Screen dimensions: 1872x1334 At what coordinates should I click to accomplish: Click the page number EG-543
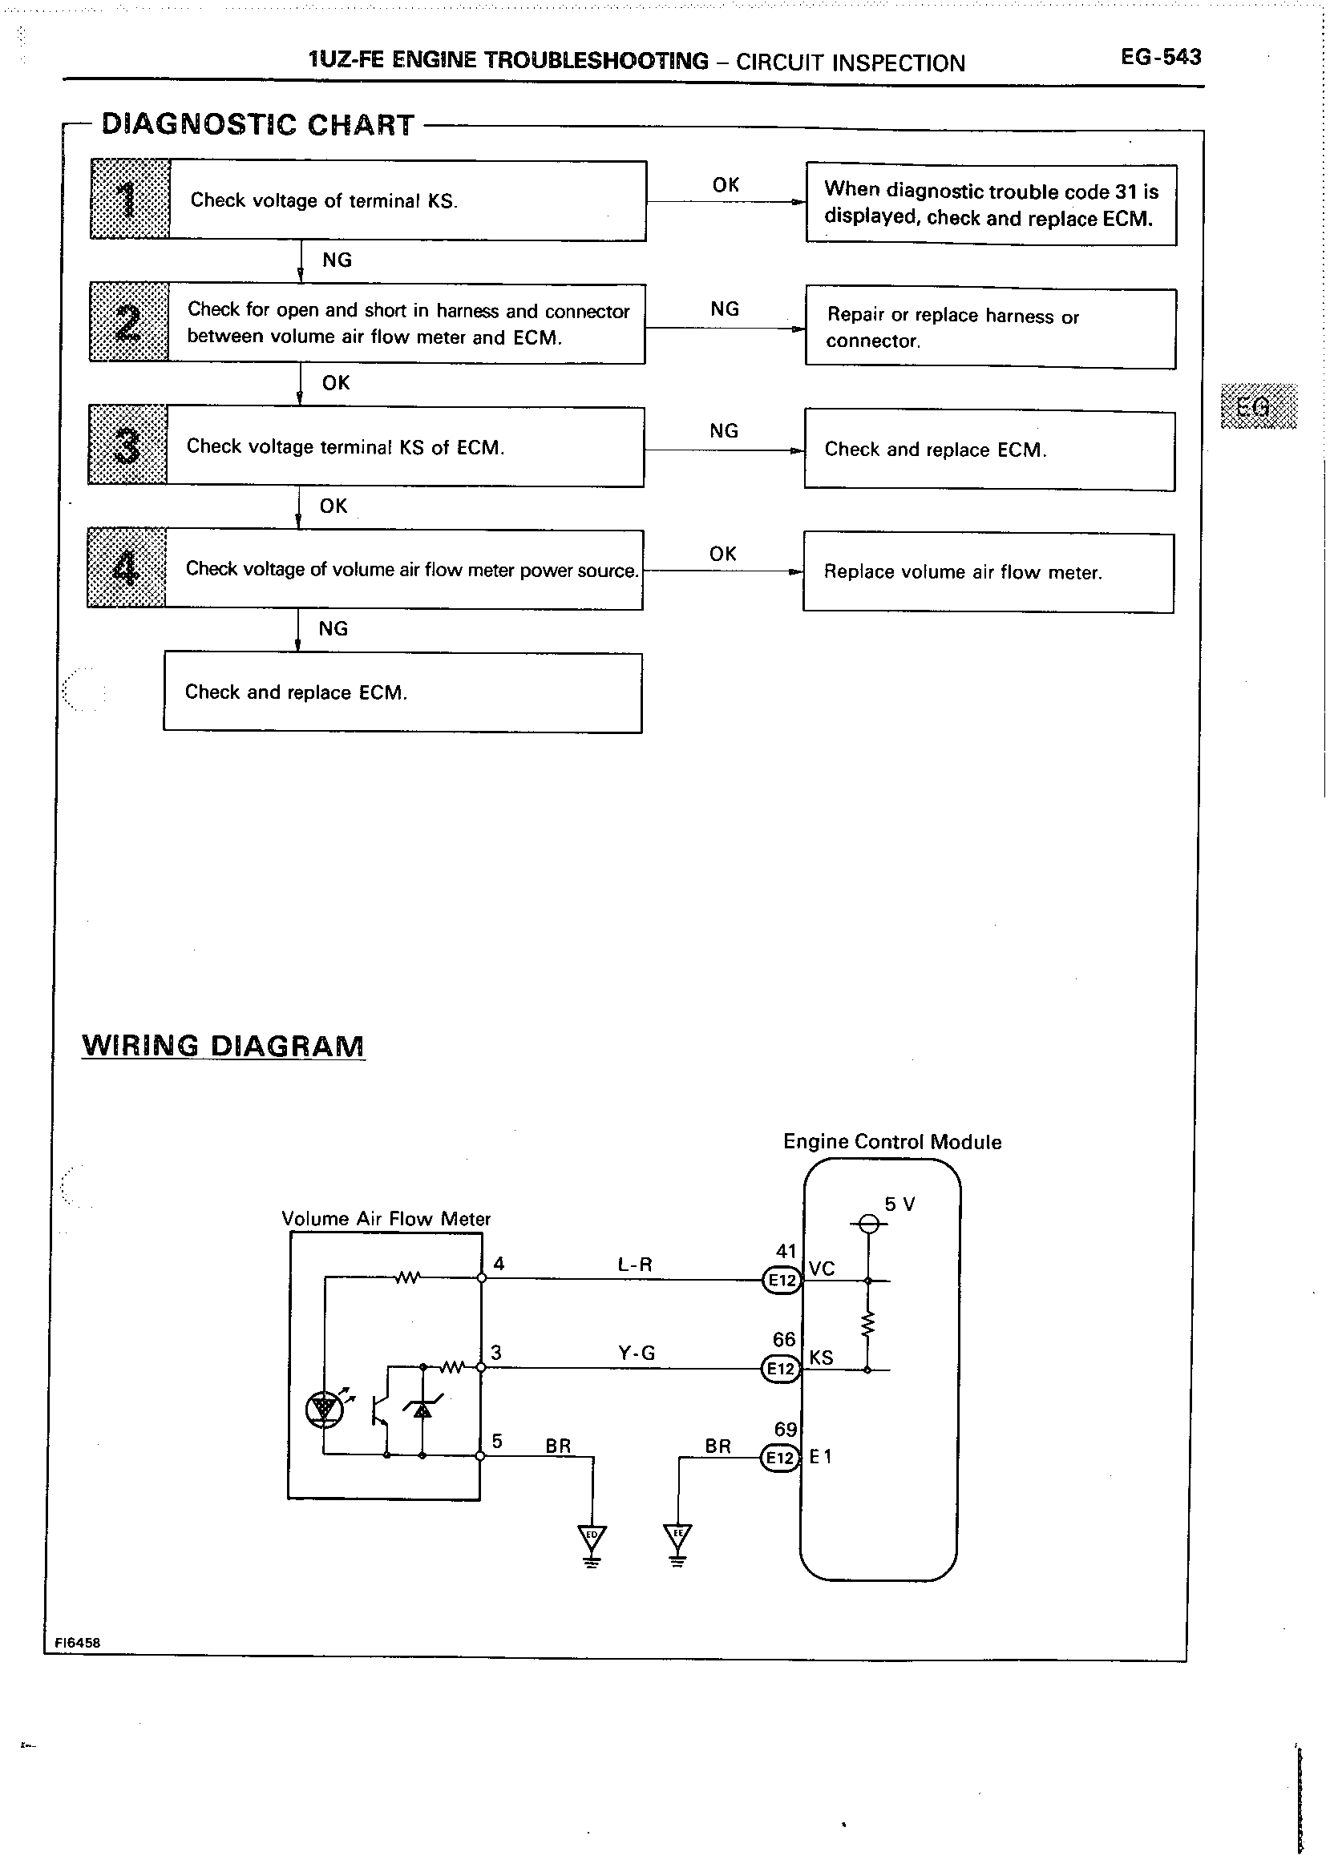click(1160, 57)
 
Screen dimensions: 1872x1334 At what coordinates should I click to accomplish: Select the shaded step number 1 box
click(130, 200)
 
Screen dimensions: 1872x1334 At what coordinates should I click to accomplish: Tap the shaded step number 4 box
click(127, 568)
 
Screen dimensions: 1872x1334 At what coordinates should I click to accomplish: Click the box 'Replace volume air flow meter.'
click(988, 572)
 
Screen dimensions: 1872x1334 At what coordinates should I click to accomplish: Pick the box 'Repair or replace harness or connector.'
click(990, 329)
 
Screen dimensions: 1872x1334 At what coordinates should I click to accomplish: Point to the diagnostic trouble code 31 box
click(991, 204)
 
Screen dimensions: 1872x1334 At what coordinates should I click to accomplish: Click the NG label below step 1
click(337, 260)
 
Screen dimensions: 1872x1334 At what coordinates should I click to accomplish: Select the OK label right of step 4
click(723, 555)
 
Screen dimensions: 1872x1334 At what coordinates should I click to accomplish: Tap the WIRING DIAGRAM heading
click(223, 1046)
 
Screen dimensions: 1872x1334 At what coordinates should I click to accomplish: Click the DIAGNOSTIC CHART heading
click(257, 125)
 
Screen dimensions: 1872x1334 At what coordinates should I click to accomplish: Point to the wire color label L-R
click(635, 1265)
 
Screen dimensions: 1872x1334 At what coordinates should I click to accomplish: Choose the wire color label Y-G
click(637, 1352)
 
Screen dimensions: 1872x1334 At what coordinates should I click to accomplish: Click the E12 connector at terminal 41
click(780, 1280)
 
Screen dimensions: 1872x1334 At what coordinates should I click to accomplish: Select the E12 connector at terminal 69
click(779, 1458)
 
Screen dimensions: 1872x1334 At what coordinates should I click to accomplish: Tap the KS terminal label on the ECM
click(821, 1358)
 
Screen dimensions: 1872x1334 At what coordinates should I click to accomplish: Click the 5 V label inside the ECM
click(899, 1204)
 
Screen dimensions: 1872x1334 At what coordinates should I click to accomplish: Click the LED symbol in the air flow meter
click(324, 1409)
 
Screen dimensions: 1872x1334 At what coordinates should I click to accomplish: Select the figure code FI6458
click(77, 1643)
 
